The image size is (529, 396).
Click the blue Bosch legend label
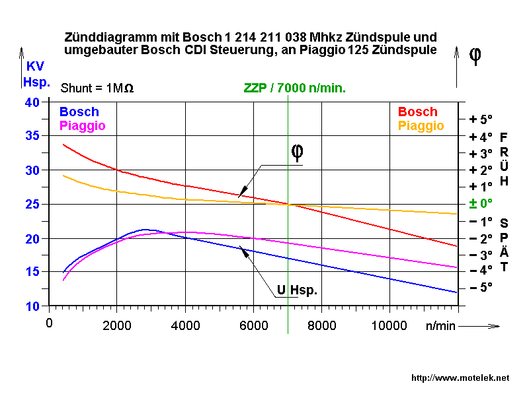(79, 112)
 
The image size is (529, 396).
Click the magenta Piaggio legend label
(83, 125)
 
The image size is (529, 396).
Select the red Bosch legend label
(417, 112)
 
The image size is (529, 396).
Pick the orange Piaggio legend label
(421, 125)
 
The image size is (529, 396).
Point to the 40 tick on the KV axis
(32, 102)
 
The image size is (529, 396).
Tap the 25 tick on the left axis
(32, 204)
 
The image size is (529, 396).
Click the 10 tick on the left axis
(32, 306)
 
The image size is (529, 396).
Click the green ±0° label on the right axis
(481, 203)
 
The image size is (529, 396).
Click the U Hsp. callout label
(297, 290)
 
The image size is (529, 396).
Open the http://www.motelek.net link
(460, 378)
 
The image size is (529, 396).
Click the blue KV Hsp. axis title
(36, 74)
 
